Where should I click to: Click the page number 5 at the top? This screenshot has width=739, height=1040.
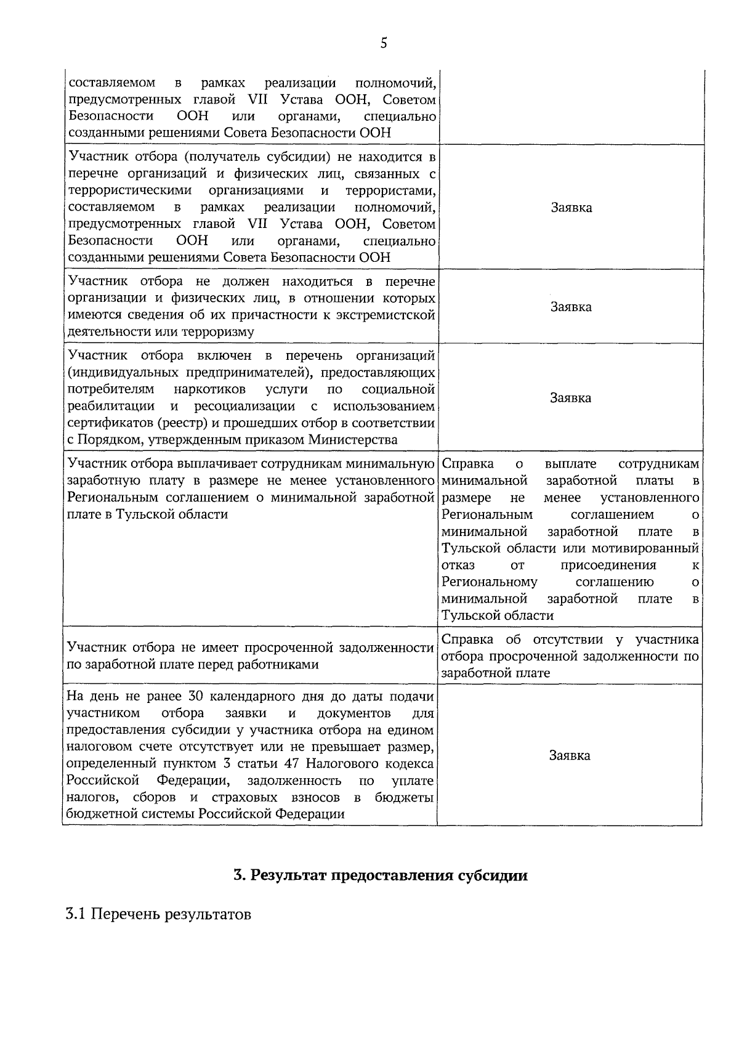click(384, 43)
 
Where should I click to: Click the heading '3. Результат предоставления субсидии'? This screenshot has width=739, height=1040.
click(381, 875)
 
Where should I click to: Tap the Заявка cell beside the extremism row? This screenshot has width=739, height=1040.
click(570, 307)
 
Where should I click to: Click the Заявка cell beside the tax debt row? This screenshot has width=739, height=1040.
click(570, 755)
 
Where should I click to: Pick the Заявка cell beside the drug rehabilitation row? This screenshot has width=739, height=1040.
click(570, 398)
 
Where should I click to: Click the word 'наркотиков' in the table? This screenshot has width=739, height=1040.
click(209, 389)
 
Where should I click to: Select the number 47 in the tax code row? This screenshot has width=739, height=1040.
click(292, 764)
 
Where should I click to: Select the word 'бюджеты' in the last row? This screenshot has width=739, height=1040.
click(404, 798)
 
